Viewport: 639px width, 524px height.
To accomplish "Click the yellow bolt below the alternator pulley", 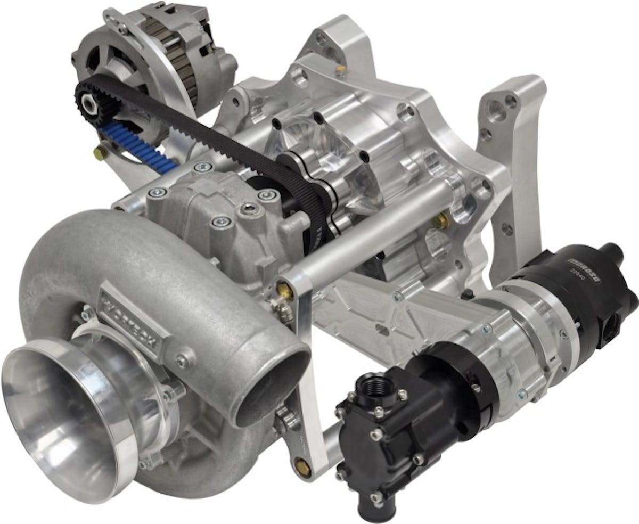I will pyautogui.click(x=100, y=153).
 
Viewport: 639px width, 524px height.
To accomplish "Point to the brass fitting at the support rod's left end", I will pyautogui.click(x=284, y=290).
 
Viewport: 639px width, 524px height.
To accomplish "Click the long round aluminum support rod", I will pyautogui.click(x=367, y=234).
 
